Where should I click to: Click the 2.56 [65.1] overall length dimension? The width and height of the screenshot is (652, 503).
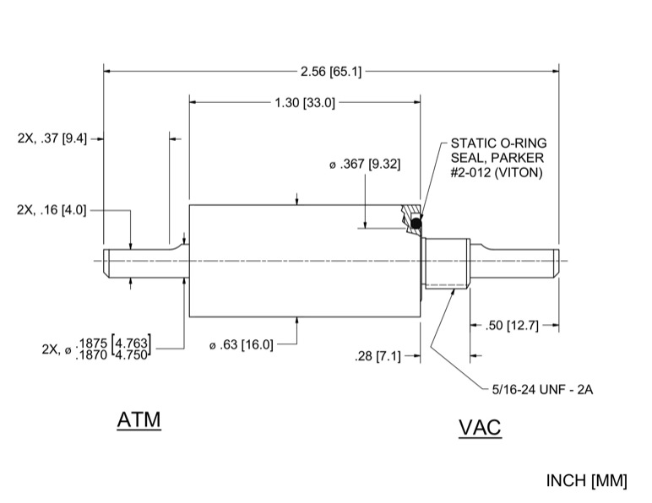(330, 72)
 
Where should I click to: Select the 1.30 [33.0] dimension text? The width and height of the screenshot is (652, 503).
(305, 103)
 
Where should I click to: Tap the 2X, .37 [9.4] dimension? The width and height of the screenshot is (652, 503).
(52, 138)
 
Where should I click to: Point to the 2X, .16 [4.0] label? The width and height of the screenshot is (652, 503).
(52, 209)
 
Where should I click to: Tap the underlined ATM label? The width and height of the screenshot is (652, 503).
(139, 419)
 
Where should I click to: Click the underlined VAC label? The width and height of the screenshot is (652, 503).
(480, 428)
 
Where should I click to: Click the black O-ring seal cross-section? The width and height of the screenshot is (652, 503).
(416, 223)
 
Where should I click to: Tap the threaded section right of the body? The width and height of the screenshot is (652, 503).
(446, 262)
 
